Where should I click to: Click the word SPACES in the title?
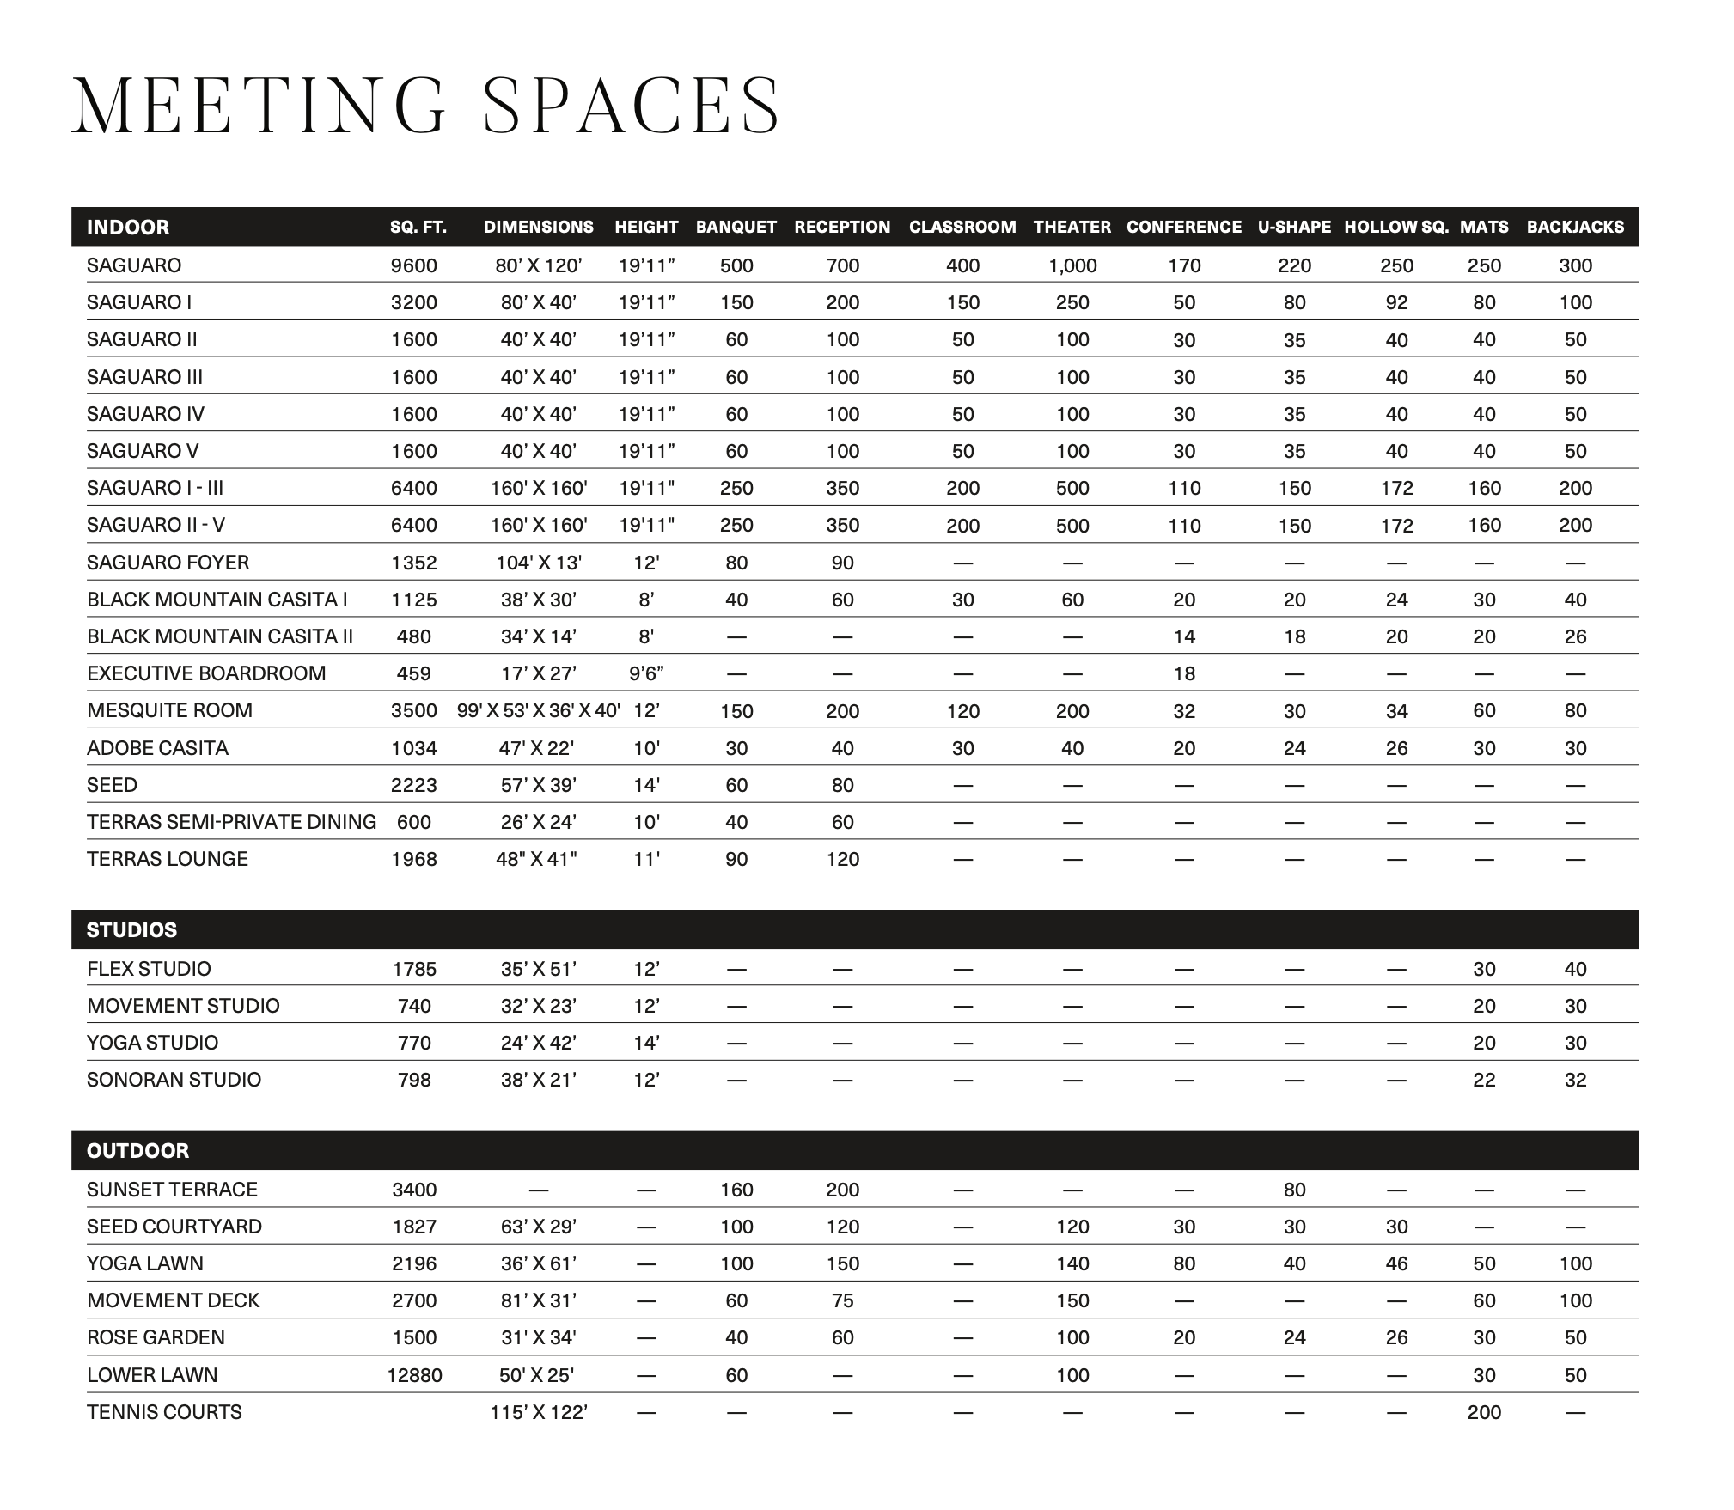pos(632,106)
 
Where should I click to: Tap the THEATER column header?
pos(1072,227)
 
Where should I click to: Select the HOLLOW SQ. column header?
pos(1395,227)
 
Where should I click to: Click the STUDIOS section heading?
pos(131,929)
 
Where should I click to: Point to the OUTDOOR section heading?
pos(137,1150)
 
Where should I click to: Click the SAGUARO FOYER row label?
pos(168,563)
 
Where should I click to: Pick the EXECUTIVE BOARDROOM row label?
pos(206,673)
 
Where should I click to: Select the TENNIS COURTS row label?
pos(164,1412)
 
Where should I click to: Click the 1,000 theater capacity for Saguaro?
pos(1072,265)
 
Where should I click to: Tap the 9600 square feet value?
pos(413,265)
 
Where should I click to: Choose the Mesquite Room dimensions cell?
pos(539,710)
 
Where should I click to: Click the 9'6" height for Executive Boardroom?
pos(646,673)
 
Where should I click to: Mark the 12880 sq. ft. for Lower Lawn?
pos(414,1375)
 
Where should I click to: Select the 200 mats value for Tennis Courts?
pos(1484,1412)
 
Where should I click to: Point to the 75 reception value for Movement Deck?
pos(842,1300)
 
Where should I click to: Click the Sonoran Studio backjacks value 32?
pos(1575,1080)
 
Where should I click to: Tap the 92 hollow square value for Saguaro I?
pos(1396,302)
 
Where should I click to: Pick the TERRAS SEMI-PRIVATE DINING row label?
pos(231,822)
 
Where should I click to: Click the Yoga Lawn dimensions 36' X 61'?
pos(539,1263)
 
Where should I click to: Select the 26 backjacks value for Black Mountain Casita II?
pos(1575,636)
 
